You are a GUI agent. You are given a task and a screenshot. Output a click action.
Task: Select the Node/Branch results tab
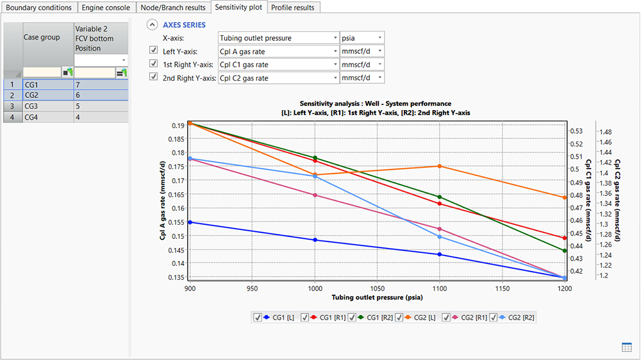click(173, 7)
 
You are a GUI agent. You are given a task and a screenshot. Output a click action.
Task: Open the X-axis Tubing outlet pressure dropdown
click(278, 38)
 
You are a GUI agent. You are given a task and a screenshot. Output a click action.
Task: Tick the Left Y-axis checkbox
click(153, 51)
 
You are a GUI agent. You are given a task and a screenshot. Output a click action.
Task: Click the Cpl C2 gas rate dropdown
click(278, 78)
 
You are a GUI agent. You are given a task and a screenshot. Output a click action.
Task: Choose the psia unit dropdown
click(362, 38)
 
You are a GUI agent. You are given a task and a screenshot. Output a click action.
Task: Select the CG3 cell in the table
click(48, 106)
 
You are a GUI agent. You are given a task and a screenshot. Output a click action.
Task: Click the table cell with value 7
click(101, 84)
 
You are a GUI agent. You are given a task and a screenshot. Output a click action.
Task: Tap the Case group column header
click(48, 37)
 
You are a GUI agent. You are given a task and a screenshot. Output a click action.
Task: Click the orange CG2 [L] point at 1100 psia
click(439, 166)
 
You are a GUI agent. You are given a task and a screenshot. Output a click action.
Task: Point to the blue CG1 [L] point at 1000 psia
click(314, 240)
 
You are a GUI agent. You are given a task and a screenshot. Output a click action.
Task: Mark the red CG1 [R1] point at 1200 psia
click(564, 238)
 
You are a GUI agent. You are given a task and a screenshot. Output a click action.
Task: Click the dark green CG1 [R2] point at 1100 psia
click(439, 197)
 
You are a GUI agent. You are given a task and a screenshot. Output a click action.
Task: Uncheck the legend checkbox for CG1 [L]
click(257, 317)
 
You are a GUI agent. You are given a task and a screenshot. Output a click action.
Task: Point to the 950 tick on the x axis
click(251, 288)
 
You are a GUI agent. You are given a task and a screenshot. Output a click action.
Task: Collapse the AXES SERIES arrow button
click(152, 25)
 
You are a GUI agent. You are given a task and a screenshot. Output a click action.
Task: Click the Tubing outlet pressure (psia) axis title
click(376, 297)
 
